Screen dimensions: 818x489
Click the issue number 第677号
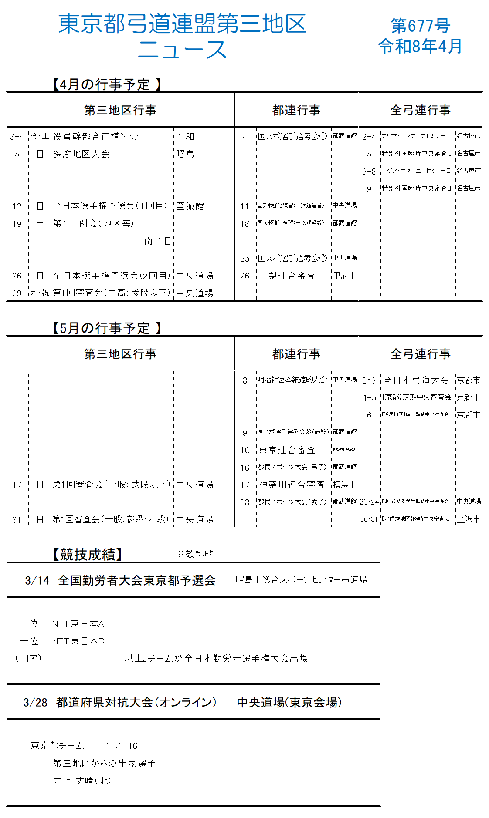coord(420,26)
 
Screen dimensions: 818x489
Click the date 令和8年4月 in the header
coord(420,46)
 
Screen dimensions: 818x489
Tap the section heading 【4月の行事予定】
coord(107,84)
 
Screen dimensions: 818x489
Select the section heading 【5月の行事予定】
coord(107,328)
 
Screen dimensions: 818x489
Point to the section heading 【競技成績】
coord(88,554)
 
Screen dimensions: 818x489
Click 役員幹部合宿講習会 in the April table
coord(96,136)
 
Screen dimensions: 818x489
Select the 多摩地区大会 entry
coord(81,154)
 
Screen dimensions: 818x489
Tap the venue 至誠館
coord(190,206)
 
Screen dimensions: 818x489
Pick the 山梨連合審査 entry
coord(287,276)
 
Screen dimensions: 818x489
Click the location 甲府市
coord(344,276)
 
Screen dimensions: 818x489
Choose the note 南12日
coord(158,241)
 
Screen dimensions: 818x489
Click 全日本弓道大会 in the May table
coord(416,380)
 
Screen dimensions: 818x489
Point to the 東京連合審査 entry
coord(287,450)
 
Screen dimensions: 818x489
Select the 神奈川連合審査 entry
coord(292,485)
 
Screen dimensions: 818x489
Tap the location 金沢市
coord(469,519)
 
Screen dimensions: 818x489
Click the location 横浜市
coord(344,485)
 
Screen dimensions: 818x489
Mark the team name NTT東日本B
coord(78,641)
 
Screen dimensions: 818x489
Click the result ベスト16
coord(121,746)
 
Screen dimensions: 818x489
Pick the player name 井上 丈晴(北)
coord(82,781)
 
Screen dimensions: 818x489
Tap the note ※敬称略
coord(194,554)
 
